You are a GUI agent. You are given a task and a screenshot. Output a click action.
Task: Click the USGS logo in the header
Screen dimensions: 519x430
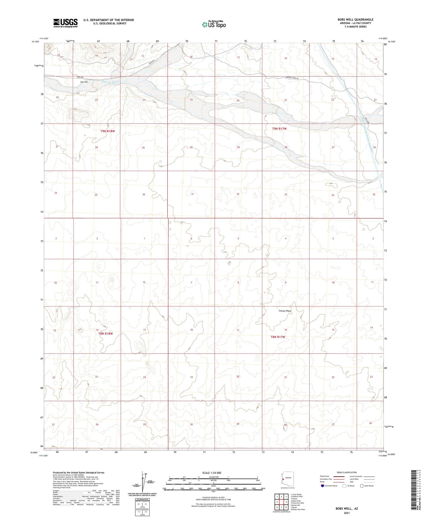pyautogui.click(x=65, y=23)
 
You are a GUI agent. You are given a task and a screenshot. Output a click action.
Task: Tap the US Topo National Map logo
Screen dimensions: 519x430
pyautogui.click(x=213, y=24)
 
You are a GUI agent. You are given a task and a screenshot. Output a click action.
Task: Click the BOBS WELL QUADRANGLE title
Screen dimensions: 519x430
pyautogui.click(x=355, y=20)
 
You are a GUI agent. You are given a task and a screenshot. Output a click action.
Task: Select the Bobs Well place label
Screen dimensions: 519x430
pyautogui.click(x=84, y=82)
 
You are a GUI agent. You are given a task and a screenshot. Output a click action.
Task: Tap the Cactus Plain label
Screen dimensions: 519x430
pyautogui.click(x=285, y=311)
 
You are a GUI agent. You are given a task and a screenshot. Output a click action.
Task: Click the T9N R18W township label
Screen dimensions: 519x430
pyautogui.click(x=107, y=131)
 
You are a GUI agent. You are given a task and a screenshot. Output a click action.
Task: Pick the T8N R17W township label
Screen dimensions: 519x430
pyautogui.click(x=278, y=337)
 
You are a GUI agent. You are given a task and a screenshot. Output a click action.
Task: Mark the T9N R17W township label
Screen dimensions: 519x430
pyautogui.click(x=279, y=129)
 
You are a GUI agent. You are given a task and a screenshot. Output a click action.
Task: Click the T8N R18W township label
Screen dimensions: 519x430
pyautogui.click(x=106, y=334)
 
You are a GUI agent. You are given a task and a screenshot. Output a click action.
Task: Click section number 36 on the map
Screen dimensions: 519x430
pyautogui.click(x=144, y=194)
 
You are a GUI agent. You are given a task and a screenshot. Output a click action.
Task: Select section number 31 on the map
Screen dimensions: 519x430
pyautogui.click(x=193, y=194)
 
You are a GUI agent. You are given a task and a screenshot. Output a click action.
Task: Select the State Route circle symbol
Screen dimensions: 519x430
pyautogui.click(x=362, y=486)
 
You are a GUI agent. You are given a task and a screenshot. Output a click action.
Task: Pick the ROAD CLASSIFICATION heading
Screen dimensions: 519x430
pyautogui.click(x=347, y=472)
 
